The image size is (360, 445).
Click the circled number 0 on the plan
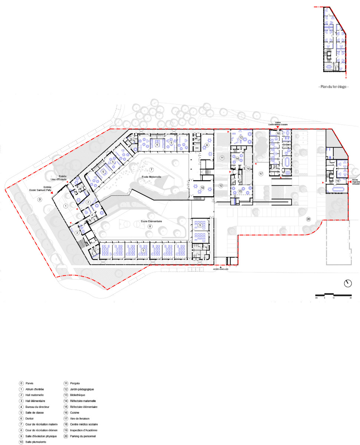click(x=40, y=200)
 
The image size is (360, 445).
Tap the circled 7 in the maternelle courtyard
click(x=151, y=169)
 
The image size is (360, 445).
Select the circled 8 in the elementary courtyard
click(x=150, y=226)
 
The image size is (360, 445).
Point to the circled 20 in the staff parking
click(x=308, y=219)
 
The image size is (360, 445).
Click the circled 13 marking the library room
click(x=240, y=138)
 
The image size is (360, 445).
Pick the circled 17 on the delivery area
click(x=261, y=174)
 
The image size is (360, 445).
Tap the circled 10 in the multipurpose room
click(x=202, y=188)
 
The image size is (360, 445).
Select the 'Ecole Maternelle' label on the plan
click(x=152, y=177)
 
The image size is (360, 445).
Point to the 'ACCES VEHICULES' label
click(x=220, y=270)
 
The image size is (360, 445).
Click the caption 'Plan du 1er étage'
click(x=334, y=86)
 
